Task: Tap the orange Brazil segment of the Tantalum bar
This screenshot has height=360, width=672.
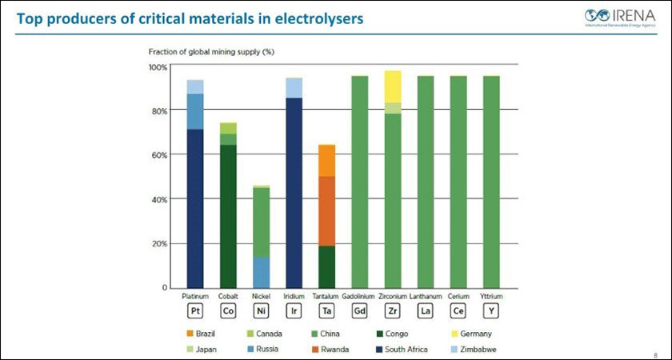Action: coord(326,160)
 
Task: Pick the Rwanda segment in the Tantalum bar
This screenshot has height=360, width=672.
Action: coord(326,211)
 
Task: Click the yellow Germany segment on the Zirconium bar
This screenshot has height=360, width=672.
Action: coord(392,86)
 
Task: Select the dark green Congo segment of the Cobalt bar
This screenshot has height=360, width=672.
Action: coord(228,216)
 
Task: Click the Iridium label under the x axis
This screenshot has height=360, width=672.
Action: coord(294,295)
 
